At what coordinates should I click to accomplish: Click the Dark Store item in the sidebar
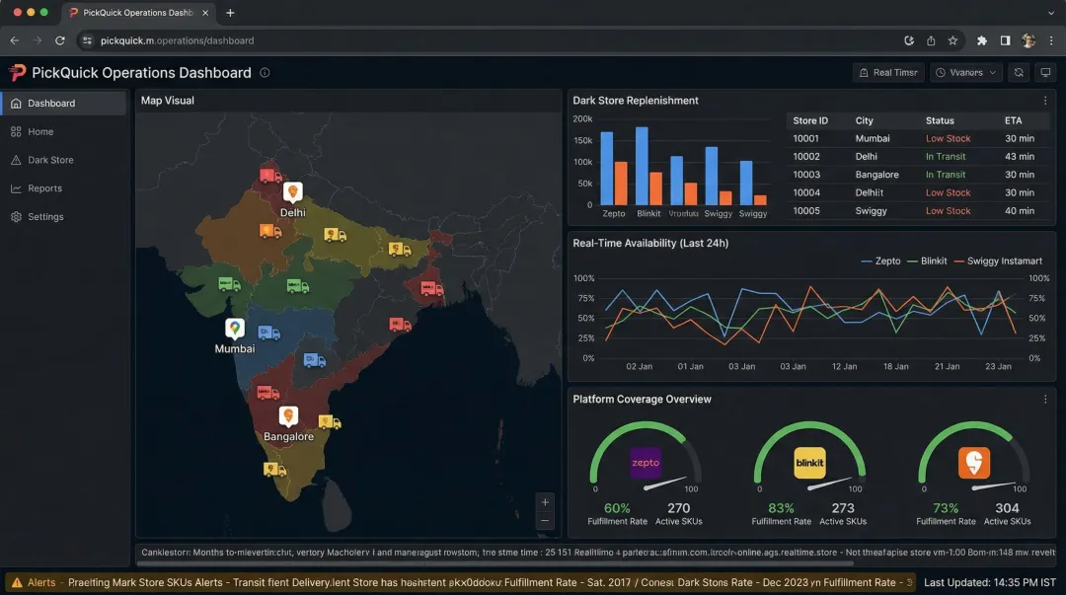(49, 160)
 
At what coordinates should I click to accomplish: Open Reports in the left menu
(44, 188)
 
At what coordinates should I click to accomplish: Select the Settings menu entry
(45, 217)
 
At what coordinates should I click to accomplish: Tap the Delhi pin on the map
(292, 192)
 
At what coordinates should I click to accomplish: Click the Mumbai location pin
(234, 329)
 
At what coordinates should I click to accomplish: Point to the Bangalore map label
(288, 437)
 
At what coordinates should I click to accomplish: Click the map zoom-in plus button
(545, 501)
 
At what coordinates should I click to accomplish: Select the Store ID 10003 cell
(806, 175)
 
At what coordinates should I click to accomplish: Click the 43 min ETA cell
(1019, 157)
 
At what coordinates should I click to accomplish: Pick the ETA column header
(1013, 120)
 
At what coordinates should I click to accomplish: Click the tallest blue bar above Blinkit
(642, 165)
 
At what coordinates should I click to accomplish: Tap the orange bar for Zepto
(621, 184)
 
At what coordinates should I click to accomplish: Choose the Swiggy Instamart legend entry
(1004, 261)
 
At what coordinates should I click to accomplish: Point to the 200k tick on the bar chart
(582, 119)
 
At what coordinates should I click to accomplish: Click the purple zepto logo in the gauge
(646, 463)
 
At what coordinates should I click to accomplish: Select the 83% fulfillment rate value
(781, 508)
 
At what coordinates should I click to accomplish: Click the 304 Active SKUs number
(1007, 508)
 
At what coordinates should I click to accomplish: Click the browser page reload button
(60, 40)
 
